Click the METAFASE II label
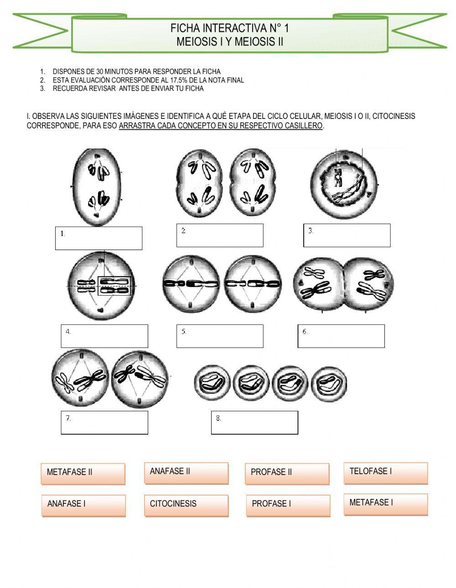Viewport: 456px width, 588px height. click(83, 474)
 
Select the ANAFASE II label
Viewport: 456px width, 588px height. click(186, 473)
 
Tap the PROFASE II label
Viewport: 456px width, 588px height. click(287, 474)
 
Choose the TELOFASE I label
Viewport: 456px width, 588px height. click(385, 473)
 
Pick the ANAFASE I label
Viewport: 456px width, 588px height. click(83, 506)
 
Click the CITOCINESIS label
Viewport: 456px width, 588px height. click(186, 506)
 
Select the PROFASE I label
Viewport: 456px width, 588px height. click(287, 506)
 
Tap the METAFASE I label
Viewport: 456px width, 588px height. click(385, 504)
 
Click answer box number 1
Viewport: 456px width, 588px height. click(98, 238)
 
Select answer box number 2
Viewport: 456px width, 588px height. click(220, 235)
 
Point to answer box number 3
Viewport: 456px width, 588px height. click(347, 235)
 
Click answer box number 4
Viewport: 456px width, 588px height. click(104, 336)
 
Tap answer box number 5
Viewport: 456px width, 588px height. click(220, 336)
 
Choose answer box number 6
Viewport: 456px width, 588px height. click(341, 336)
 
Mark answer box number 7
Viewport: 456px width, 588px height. click(104, 423)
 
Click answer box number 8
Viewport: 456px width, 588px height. click(254, 423)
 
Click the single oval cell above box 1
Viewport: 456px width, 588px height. click(97, 187)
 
